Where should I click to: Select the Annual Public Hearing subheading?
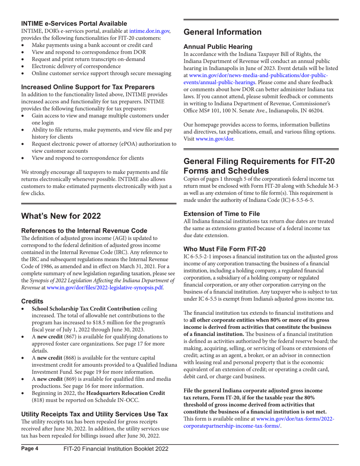point(218,47)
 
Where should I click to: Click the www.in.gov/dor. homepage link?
point(215,139)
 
